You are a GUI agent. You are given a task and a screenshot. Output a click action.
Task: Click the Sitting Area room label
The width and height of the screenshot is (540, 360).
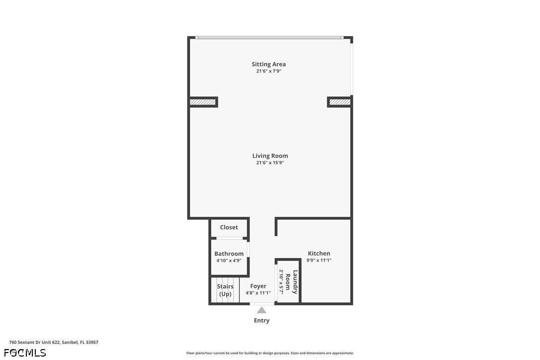coord(269,64)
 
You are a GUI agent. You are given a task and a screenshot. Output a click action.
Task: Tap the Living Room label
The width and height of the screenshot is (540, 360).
coord(270,156)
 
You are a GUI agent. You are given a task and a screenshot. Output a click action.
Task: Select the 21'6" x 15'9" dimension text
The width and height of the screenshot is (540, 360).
coord(270,163)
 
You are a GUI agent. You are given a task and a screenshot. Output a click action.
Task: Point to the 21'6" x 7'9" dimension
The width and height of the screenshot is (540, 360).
coord(269,71)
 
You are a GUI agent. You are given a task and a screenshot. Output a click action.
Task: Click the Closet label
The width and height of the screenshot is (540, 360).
coord(229,227)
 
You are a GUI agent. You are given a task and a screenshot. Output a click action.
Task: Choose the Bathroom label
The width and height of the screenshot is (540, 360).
coord(229,254)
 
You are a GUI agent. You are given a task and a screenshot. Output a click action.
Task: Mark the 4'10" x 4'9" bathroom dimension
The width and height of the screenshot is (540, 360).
coord(229,261)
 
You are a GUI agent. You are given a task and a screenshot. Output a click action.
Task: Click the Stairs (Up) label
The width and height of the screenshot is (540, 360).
coord(225,290)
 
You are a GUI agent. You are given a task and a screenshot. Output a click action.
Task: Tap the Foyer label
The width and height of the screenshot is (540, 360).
coord(258,286)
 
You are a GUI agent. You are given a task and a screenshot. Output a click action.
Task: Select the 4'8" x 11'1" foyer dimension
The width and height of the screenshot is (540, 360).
coord(258,293)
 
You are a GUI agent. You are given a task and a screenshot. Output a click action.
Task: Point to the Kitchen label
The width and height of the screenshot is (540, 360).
coord(319,254)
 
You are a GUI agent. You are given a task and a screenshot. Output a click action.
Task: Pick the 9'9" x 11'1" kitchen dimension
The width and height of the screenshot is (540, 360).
coord(319,261)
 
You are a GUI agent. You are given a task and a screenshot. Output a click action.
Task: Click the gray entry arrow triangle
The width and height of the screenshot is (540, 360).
coord(262,310)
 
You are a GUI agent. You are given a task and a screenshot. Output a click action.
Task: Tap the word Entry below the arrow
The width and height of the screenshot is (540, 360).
coord(262,320)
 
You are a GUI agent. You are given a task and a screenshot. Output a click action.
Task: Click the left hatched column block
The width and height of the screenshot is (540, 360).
coord(203,102)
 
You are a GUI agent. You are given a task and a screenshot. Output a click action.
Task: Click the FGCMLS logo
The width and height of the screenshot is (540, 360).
coord(25,353)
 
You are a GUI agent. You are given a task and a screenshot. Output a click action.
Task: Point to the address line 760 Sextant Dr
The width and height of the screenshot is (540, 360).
coord(54,343)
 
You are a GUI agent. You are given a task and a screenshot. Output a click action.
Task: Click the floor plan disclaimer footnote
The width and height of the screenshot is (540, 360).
coord(270,353)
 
